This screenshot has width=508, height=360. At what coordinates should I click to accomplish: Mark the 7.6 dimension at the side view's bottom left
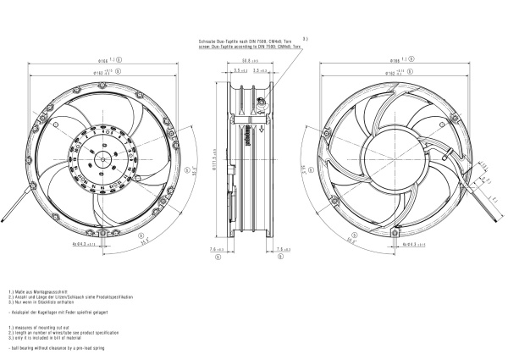click(217, 250)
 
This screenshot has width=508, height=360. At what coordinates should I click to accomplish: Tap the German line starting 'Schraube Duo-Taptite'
click(246, 41)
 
